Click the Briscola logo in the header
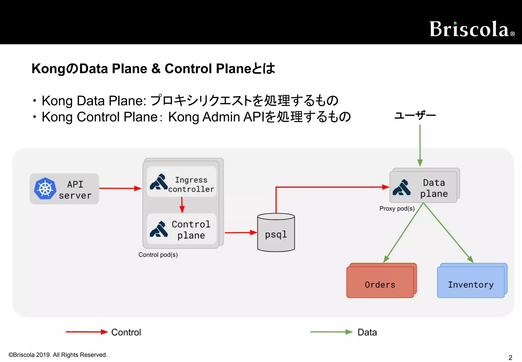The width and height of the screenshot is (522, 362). pyautogui.click(x=472, y=29)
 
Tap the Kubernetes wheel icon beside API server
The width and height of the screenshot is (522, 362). pyautogui.click(x=45, y=189)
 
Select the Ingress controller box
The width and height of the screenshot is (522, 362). pyautogui.click(x=181, y=182)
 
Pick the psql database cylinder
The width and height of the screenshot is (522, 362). pyautogui.click(x=276, y=233)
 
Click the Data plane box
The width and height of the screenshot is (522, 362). pyautogui.click(x=423, y=187)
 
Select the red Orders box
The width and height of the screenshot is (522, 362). pyautogui.click(x=380, y=282)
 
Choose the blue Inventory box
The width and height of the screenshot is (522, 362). pyautogui.click(x=471, y=282)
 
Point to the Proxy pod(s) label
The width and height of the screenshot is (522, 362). pyautogui.click(x=397, y=209)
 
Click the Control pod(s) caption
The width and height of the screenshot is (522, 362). pyautogui.click(x=158, y=255)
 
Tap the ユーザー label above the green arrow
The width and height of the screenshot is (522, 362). pyautogui.click(x=415, y=116)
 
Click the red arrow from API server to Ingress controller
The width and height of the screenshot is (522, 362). pyautogui.click(x=120, y=188)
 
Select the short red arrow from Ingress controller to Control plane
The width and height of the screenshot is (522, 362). pyautogui.click(x=182, y=205)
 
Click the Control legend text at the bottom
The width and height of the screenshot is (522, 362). pyautogui.click(x=126, y=332)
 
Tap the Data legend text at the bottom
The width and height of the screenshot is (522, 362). pyautogui.click(x=367, y=332)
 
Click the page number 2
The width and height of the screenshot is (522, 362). pyautogui.click(x=510, y=357)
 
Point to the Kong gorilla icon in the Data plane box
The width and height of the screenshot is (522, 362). pyautogui.click(x=402, y=188)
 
